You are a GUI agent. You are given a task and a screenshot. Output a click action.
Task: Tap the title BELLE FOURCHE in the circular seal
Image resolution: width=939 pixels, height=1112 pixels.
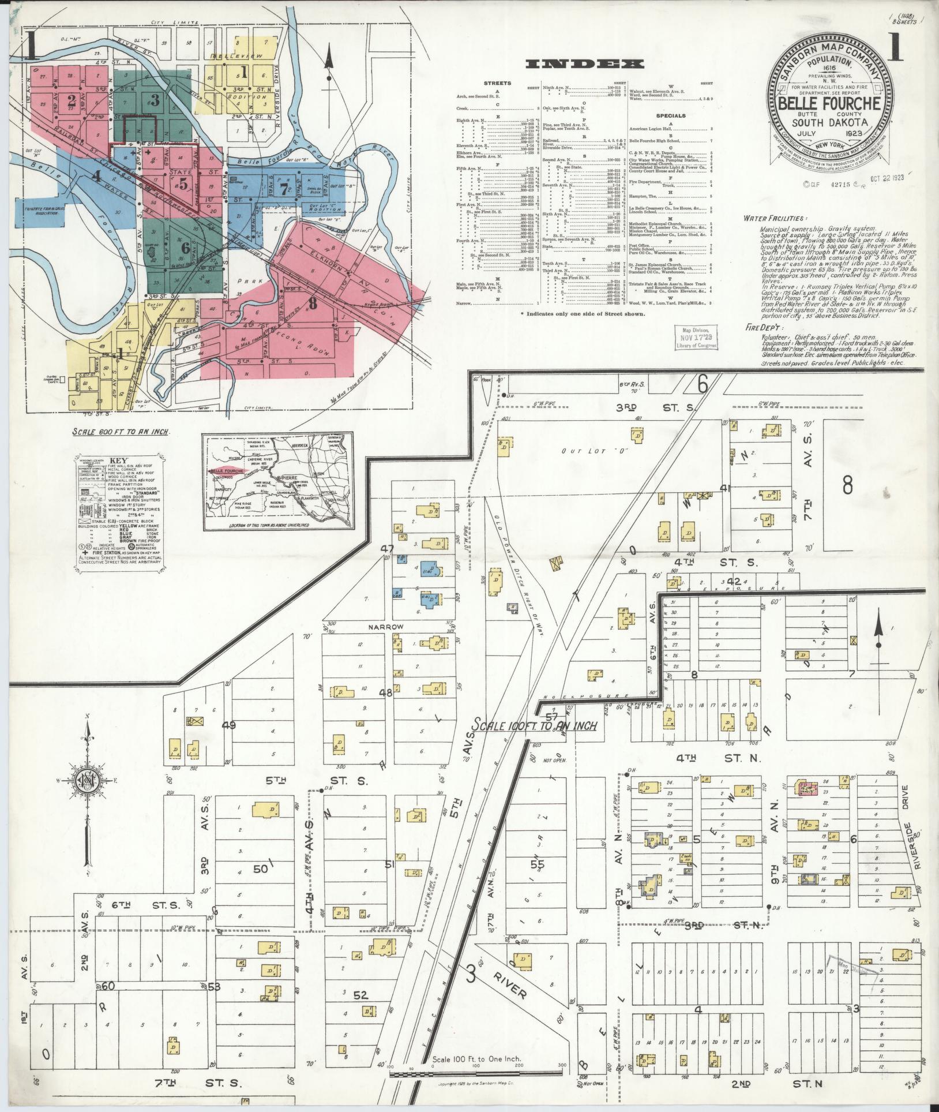pos(829,104)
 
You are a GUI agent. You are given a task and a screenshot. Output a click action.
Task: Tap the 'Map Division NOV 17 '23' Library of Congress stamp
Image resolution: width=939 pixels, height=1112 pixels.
pos(696,336)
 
